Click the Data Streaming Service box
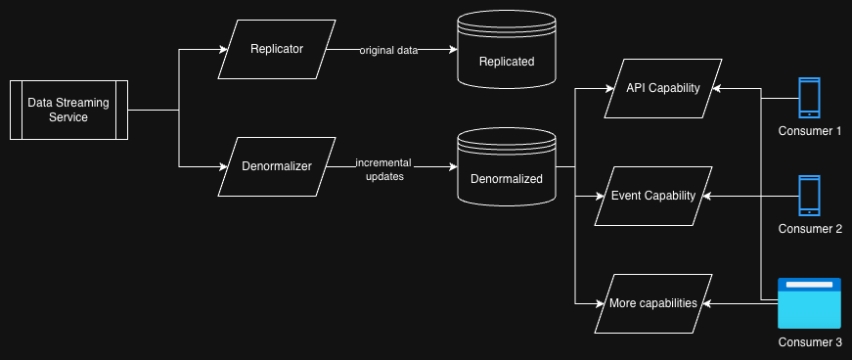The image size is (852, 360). (x=69, y=111)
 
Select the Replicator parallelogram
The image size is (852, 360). (x=277, y=49)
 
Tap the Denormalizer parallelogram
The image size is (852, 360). (x=277, y=166)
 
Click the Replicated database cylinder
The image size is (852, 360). (x=507, y=56)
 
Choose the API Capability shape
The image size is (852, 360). (x=663, y=88)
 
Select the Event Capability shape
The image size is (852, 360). (x=652, y=196)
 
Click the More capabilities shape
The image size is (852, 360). (x=652, y=303)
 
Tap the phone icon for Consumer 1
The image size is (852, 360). (x=810, y=98)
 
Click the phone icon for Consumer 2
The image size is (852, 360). (x=810, y=196)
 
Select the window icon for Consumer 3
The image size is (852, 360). (x=810, y=303)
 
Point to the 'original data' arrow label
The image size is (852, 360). (x=389, y=50)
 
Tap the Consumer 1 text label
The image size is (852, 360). (x=810, y=131)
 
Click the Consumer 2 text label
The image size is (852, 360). (x=810, y=229)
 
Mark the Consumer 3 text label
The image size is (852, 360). (x=810, y=342)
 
